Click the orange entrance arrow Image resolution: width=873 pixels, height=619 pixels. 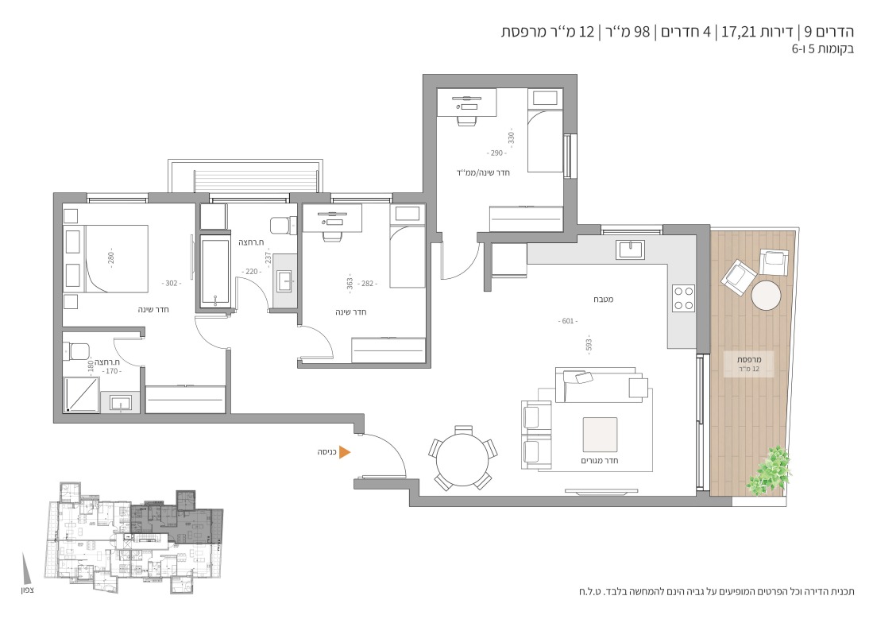click(345, 452)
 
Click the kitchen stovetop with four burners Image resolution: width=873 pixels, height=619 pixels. click(683, 297)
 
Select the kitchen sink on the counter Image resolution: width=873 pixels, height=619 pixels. click(630, 250)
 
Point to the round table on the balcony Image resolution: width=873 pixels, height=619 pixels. click(766, 295)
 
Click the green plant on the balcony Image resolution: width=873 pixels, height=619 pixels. click(769, 470)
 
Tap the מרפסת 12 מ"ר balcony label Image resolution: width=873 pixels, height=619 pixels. click(749, 364)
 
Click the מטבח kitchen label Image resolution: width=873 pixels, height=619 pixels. click(603, 300)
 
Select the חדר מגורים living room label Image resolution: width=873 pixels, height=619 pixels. click(600, 460)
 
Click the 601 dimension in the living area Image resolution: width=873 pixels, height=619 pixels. click(567, 321)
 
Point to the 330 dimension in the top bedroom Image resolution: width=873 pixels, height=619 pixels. click(511, 137)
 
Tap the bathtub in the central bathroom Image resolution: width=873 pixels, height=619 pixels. click(214, 273)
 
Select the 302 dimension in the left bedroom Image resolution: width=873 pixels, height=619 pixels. click(172, 283)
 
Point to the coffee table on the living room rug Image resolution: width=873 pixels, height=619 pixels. click(600, 435)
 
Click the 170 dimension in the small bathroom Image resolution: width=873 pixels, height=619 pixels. click(112, 371)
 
